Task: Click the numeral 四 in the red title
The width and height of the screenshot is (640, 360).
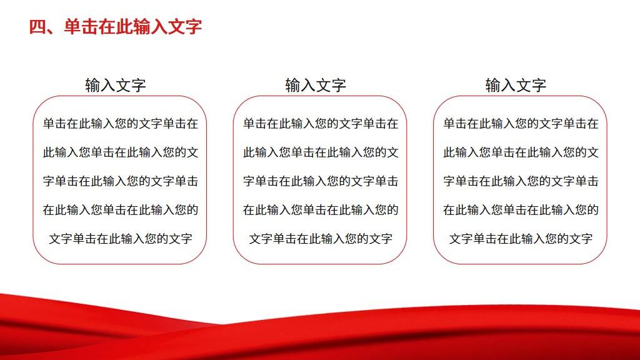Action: coord(37,27)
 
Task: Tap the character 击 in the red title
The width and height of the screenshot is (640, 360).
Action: coord(89,27)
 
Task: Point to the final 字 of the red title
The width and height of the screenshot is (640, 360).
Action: coord(193,27)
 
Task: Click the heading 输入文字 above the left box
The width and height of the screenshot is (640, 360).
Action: coord(116,85)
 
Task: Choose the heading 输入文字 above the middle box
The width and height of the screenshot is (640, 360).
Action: coord(316,85)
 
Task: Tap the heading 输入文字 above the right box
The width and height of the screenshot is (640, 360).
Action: coord(516,85)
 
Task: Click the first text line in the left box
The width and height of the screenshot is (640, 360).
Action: coord(121,123)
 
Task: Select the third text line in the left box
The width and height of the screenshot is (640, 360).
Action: coord(121,181)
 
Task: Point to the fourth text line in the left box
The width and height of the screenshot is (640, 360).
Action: coord(121,210)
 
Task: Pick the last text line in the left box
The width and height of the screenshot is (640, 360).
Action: coord(121,238)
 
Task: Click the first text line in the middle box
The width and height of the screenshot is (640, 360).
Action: coord(321,123)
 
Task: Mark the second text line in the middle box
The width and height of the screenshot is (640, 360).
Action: coord(321,152)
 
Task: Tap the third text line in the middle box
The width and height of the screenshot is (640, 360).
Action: coord(321,181)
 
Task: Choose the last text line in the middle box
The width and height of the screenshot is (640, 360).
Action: coord(321,238)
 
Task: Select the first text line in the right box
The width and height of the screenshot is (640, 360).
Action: coord(521,123)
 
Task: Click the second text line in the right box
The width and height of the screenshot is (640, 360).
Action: coord(521,152)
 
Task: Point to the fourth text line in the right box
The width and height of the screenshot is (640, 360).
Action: coord(521,210)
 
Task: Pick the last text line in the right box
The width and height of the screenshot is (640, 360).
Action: coord(521,238)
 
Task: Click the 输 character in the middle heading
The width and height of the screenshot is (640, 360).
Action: coord(292,85)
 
